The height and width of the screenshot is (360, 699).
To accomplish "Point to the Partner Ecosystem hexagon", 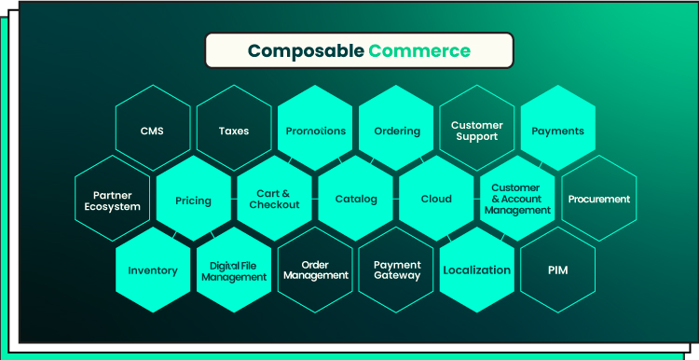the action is [113, 199].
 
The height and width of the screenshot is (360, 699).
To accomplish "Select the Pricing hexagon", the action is [194, 199].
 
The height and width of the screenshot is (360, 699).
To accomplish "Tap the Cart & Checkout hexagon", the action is [275, 199].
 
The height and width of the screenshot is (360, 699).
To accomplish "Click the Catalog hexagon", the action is [356, 199].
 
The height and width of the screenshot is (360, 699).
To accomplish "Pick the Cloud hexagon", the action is [436, 199].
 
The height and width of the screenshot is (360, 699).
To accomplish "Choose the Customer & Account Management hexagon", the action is [517, 199].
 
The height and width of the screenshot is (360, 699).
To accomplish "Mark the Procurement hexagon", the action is [599, 199].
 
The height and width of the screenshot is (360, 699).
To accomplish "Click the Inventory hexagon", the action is [153, 270].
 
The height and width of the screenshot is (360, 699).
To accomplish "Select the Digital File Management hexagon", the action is [234, 270].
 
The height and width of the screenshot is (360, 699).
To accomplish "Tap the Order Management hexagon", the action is [315, 270].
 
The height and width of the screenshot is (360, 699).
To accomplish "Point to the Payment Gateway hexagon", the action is [396, 270].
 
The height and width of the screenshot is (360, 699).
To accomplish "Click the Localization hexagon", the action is [477, 270].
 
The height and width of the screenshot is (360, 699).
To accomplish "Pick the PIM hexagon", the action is [558, 270].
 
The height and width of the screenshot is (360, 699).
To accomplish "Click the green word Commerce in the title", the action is [419, 51].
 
